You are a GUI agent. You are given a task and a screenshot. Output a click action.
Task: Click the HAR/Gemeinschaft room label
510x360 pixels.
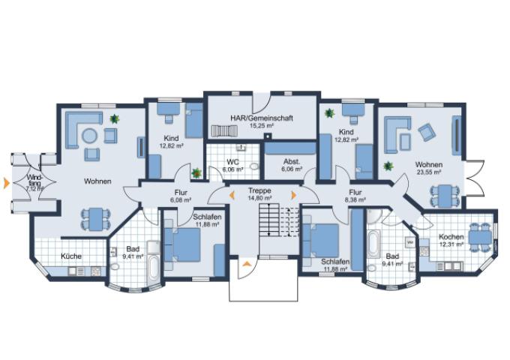[262, 118]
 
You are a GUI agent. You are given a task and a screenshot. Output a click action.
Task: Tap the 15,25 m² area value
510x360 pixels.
[261, 125]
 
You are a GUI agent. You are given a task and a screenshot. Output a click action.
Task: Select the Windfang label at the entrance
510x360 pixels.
[34, 181]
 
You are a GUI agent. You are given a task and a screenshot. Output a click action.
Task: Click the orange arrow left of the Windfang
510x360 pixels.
[6, 183]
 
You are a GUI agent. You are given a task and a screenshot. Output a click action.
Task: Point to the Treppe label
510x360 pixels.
[259, 190]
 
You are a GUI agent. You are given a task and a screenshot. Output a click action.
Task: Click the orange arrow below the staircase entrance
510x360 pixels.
[247, 264]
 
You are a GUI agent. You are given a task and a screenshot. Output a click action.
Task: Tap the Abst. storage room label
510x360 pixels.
[292, 162]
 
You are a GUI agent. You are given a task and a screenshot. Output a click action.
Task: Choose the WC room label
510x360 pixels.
[233, 162]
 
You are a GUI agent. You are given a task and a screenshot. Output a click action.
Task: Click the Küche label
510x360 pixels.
[71, 256]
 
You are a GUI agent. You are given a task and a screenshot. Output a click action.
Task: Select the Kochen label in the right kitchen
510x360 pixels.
[451, 237]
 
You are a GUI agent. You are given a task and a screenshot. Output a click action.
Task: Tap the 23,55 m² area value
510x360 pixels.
[429, 172]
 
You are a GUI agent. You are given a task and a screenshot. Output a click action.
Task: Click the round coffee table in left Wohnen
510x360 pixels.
[89, 136]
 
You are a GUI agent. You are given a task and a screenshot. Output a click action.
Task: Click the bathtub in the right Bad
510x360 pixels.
[373, 244]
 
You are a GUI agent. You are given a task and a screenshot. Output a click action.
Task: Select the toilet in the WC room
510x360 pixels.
[255, 166]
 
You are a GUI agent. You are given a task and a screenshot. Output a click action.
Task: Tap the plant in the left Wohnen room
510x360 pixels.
[114, 118]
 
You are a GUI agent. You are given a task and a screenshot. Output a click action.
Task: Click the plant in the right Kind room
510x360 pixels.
[329, 113]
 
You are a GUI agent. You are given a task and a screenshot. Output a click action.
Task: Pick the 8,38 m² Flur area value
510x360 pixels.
[355, 199]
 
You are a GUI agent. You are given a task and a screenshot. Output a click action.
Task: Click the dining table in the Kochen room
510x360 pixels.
[480, 238]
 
